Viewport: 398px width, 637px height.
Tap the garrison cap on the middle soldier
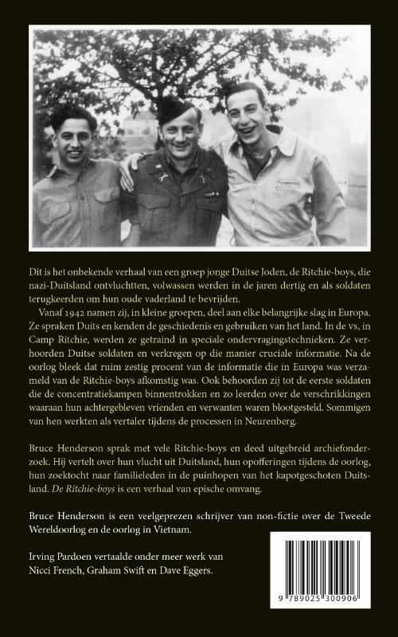point(177,106)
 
